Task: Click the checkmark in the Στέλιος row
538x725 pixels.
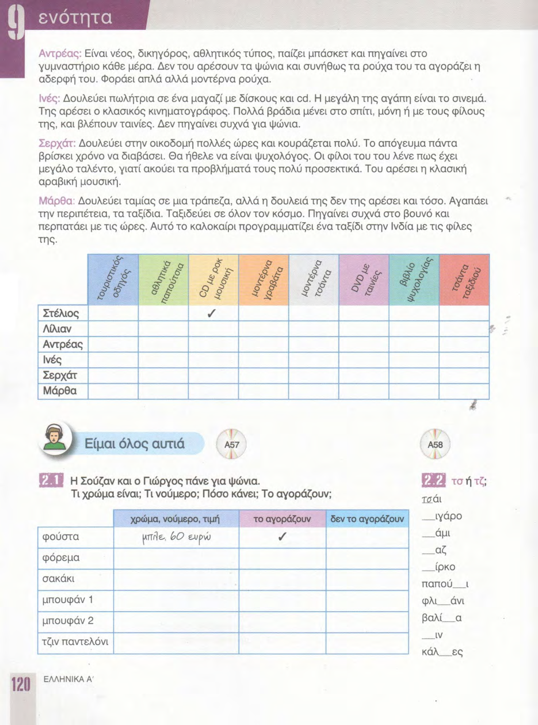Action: coord(211,313)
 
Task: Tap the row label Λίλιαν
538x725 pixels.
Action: coord(57,329)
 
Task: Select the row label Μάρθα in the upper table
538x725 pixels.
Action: coord(60,391)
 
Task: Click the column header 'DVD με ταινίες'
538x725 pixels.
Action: coord(363,279)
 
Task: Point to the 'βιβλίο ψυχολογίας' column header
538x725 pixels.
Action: coord(414,279)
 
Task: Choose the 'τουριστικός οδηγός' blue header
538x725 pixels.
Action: coord(113,279)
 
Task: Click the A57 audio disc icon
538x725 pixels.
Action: coord(232,444)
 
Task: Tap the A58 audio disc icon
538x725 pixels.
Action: coord(435,444)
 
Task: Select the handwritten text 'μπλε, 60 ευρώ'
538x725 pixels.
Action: coord(176,537)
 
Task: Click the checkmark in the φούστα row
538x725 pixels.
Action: coord(282,537)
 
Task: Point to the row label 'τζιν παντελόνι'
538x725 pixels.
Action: coord(75,642)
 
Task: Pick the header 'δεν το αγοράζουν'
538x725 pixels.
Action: coord(367,519)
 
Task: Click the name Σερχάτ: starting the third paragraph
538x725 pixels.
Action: coord(57,144)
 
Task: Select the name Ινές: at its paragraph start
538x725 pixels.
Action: coord(50,98)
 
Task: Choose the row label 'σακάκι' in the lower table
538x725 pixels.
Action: coord(58,579)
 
